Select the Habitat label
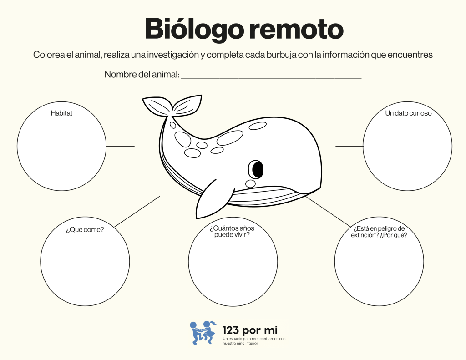click(61, 113)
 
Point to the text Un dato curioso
click(408, 113)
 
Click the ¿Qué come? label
click(85, 230)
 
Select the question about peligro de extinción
click(380, 232)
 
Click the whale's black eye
click(257, 169)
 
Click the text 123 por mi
click(250, 330)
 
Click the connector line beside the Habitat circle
click(121, 146)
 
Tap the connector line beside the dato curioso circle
click(349, 146)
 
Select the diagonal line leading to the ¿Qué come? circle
click(137, 212)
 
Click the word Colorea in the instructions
click(48, 55)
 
